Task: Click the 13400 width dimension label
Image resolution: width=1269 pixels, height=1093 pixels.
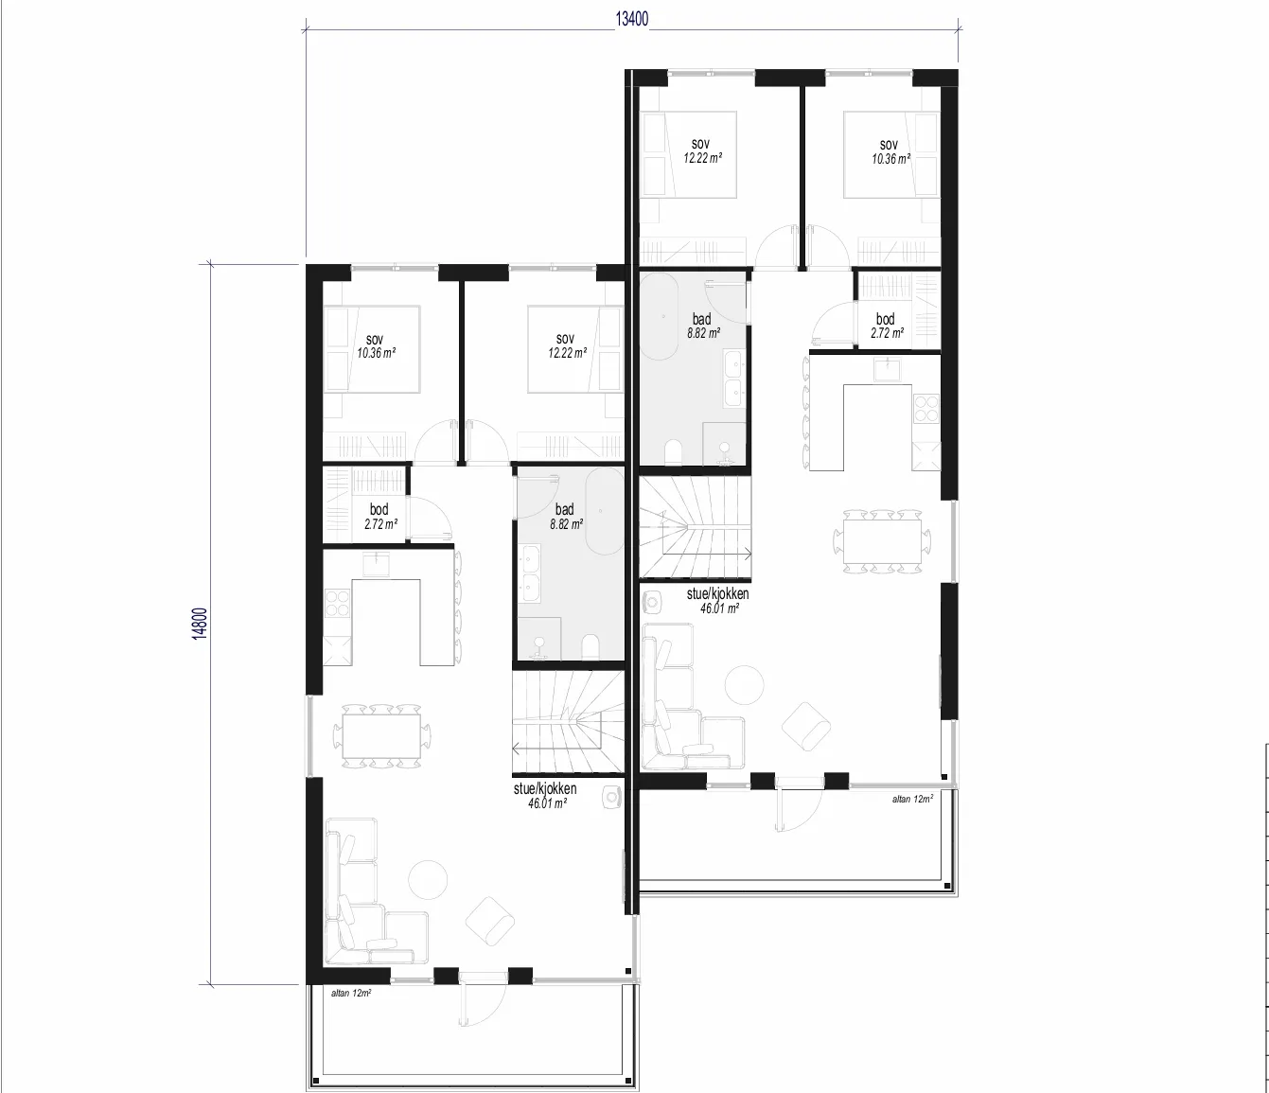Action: tap(632, 19)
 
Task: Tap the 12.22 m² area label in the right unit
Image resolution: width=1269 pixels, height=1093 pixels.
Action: tap(703, 158)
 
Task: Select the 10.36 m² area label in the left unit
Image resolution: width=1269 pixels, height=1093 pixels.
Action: tap(377, 353)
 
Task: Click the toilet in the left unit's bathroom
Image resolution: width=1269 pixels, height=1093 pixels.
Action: tap(590, 647)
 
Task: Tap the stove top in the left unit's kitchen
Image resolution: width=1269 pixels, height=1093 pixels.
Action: tap(337, 603)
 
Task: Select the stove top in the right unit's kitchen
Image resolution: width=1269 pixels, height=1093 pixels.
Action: tap(926, 409)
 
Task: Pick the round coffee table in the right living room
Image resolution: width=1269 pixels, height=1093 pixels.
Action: tap(745, 685)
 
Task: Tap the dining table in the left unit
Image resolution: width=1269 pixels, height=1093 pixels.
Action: tap(382, 736)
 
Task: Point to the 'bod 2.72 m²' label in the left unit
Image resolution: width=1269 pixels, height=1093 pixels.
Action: tap(380, 517)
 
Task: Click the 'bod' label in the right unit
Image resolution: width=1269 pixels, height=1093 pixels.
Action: tap(886, 319)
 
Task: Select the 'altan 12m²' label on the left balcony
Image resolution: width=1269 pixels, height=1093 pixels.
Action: tap(350, 993)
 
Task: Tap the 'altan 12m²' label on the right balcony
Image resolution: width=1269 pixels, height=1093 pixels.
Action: tap(913, 799)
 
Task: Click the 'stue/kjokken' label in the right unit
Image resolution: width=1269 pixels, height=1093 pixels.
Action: tap(717, 593)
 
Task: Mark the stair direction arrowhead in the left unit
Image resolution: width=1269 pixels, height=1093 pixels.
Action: tap(515, 749)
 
